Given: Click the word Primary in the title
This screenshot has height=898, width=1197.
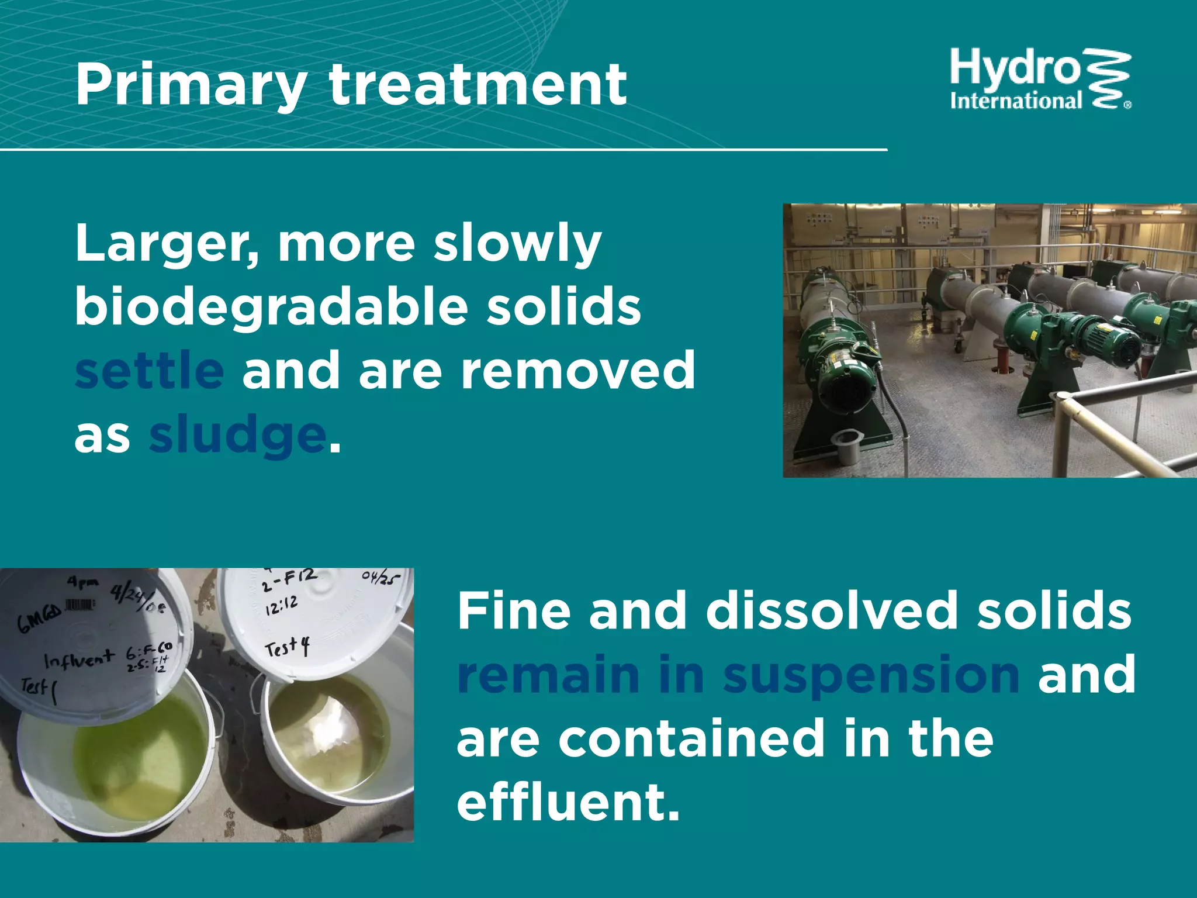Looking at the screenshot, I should point(190,86).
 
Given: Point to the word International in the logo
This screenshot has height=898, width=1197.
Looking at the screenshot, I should point(1016,102).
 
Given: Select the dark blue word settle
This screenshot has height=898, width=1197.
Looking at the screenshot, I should point(150,371).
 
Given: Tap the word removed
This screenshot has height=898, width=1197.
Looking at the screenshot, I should point(578,371).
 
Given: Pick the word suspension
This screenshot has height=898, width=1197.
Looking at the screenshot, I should point(871,675).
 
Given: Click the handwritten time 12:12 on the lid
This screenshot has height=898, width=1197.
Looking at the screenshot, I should point(281,606).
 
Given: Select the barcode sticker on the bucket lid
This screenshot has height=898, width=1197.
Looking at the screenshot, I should point(81,605).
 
